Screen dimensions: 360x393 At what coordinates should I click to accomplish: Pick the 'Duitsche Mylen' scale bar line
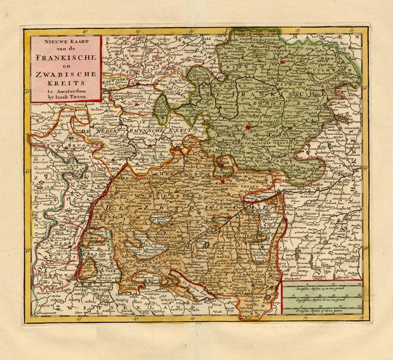[x=323, y=287]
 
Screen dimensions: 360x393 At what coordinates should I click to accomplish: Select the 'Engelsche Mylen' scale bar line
[x=323, y=298]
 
